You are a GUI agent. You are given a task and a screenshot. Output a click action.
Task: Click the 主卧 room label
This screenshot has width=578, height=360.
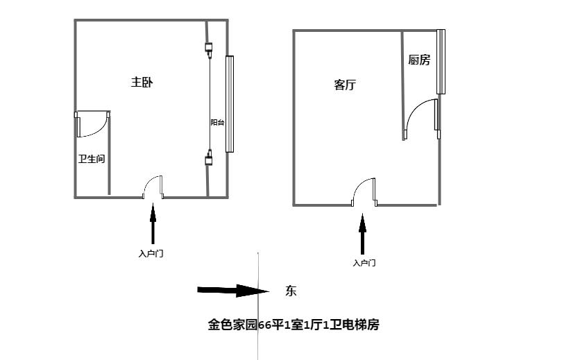pyautogui.click(x=142, y=82)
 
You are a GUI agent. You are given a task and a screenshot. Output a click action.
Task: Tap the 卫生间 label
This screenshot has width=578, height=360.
pyautogui.click(x=92, y=159)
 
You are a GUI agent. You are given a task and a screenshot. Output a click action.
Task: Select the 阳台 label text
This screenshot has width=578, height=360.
pyautogui.click(x=217, y=123)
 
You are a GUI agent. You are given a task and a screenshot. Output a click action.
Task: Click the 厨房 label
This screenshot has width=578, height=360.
pyautogui.click(x=419, y=60)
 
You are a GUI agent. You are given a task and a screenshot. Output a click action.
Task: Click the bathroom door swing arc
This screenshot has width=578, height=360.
pyautogui.click(x=94, y=125)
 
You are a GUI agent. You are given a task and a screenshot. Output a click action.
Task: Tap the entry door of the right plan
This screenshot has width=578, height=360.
pyautogui.click(x=364, y=192)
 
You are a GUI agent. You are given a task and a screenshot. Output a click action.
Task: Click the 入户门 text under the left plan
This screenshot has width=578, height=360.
pyautogui.click(x=151, y=254)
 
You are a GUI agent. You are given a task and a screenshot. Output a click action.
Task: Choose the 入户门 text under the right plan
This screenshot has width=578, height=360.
pyautogui.click(x=364, y=263)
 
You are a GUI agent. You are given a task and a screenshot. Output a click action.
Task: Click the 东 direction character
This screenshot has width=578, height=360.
pyautogui.click(x=291, y=291)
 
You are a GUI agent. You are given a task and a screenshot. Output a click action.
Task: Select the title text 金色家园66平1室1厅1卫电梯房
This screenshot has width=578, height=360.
pyautogui.click(x=294, y=324)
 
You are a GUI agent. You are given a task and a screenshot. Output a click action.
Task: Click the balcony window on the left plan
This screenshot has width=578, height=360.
pyautogui.click(x=230, y=104)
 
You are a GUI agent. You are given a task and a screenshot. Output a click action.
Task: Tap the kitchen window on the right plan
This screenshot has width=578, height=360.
pyautogui.click(x=440, y=62)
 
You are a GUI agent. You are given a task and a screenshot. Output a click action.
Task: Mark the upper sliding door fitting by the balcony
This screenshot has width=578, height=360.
pyautogui.click(x=208, y=49)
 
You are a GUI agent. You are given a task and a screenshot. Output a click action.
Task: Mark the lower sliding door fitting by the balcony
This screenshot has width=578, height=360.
pyautogui.click(x=208, y=160)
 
